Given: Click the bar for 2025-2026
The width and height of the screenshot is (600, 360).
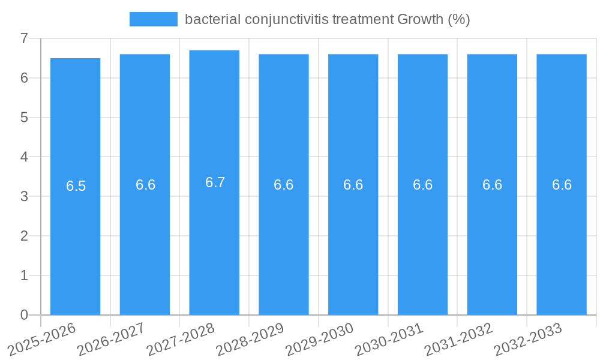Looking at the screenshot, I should click(75, 240).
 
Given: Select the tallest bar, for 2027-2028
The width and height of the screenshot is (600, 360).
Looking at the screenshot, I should click(214, 240).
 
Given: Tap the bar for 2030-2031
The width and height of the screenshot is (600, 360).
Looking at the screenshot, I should click(422, 240).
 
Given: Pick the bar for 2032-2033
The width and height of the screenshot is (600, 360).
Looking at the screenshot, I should click(562, 240).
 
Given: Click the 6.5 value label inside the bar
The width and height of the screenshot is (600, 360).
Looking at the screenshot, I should click(76, 186).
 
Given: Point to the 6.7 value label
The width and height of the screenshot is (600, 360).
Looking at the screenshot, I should click(215, 182).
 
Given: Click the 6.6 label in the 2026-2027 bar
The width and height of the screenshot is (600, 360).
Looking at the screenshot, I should click(145, 185).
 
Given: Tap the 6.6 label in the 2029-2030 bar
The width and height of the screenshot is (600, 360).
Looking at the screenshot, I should click(353, 185).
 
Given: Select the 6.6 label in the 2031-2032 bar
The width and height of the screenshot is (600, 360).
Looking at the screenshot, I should click(492, 185).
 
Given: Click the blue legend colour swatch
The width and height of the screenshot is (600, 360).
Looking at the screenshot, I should click(154, 19).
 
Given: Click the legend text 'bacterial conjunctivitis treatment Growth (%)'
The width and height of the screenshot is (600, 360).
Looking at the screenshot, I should click(327, 19).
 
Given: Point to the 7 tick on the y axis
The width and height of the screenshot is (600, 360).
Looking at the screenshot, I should click(25, 38).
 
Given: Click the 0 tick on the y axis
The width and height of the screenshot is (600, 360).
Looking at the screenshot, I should click(25, 315).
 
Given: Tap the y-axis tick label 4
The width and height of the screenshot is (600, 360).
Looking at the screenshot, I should click(25, 157).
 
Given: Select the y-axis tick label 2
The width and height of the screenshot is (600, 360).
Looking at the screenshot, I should click(25, 236).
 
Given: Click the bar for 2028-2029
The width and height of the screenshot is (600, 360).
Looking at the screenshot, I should click(284, 240).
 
